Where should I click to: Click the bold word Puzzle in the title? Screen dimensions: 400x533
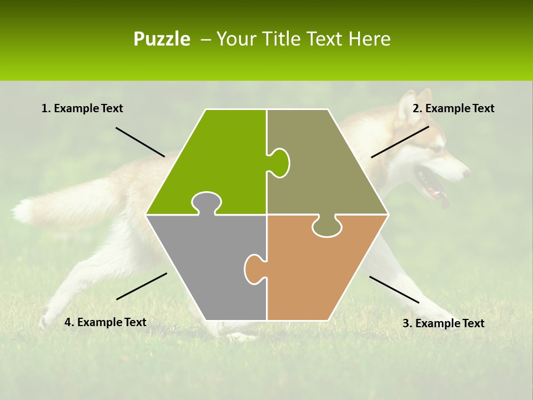point(162,39)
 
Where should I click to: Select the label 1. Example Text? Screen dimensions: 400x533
point(82,108)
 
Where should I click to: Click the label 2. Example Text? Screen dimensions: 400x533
point(453,108)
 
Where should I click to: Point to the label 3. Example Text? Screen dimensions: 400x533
point(443,323)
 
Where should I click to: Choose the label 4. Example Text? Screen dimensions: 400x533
point(105,322)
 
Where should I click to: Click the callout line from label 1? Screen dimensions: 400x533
point(140,142)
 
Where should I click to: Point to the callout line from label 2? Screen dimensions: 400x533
point(400,142)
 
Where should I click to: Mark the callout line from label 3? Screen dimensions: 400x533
point(394,289)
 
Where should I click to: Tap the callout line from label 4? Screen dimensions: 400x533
point(142,286)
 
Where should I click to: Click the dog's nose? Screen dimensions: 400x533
point(466,173)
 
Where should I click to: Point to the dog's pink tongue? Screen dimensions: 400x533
point(444,200)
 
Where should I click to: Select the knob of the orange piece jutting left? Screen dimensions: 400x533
point(254,269)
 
